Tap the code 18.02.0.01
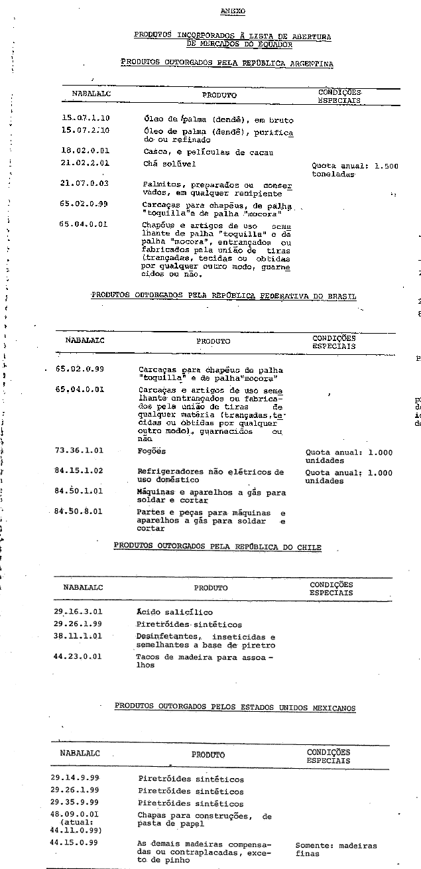[85, 152]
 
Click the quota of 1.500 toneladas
[355, 170]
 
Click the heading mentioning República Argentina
[227, 63]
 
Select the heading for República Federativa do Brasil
[223, 296]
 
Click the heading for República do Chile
[217, 547]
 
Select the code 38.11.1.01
[77, 636]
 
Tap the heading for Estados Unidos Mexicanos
[235, 708]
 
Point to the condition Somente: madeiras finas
[335, 850]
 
